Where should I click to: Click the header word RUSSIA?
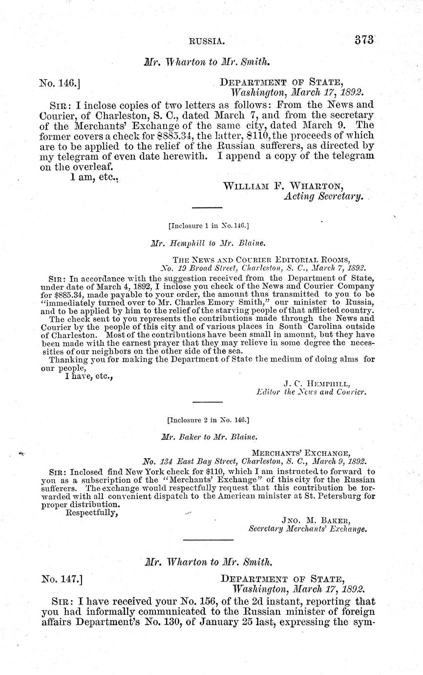207,43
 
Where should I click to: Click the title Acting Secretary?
323,197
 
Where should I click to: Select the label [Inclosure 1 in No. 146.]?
209,226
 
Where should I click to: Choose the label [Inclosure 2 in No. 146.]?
208,420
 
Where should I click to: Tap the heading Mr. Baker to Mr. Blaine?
209,437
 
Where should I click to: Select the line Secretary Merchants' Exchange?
307,529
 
